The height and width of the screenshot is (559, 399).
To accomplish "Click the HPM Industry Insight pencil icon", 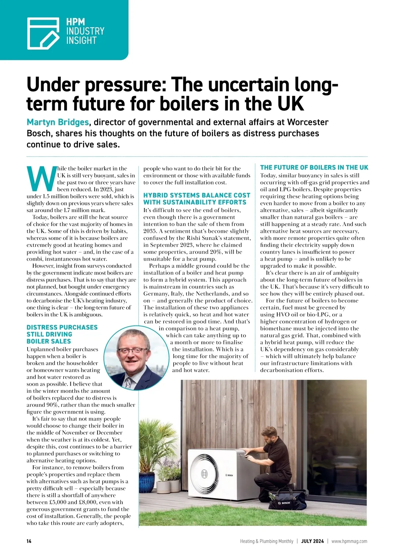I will [x=43, y=33].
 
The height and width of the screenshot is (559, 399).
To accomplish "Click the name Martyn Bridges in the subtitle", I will [x=58, y=122].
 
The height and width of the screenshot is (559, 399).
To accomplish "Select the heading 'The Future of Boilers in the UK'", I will [x=314, y=168].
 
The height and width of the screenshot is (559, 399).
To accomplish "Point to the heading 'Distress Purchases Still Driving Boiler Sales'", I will [x=62, y=334].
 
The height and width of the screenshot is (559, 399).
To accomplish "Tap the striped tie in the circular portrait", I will [x=128, y=382].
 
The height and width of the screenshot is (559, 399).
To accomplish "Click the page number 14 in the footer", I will [x=29, y=541].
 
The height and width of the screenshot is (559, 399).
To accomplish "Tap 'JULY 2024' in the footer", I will [x=312, y=541].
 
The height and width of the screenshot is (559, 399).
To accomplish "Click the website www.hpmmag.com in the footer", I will [x=349, y=541].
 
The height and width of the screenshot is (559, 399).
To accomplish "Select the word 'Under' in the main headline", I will [x=53, y=85].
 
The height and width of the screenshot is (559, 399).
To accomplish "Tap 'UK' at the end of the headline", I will [x=291, y=104].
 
